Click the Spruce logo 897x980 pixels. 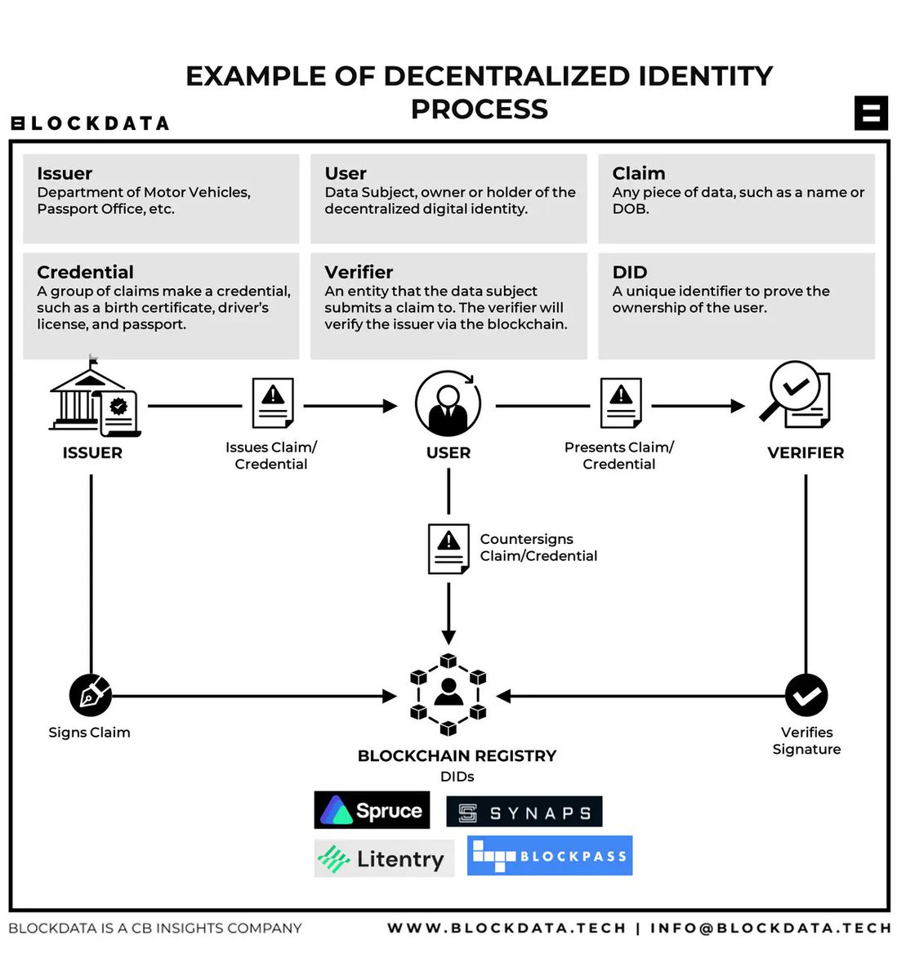point(372,810)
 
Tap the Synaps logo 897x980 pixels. point(524,813)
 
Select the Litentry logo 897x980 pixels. point(383,858)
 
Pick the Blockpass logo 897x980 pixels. point(549,856)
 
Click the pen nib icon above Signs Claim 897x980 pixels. point(90,696)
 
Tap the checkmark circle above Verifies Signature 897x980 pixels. point(806,696)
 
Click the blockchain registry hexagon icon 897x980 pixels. point(448,695)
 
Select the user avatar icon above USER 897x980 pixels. point(448,403)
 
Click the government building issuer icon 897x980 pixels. point(93,400)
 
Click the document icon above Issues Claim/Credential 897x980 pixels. point(273,403)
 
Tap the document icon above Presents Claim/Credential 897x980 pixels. point(621,403)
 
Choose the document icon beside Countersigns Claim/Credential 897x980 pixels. point(448,549)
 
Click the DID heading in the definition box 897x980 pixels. point(629,273)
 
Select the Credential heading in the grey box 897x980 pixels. point(85,273)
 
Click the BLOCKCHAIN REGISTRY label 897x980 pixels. point(457,756)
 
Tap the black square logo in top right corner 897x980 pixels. point(871,113)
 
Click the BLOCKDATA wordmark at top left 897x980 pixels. point(90,123)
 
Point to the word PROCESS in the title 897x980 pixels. point(479,109)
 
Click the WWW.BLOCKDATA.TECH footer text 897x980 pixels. point(506,928)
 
